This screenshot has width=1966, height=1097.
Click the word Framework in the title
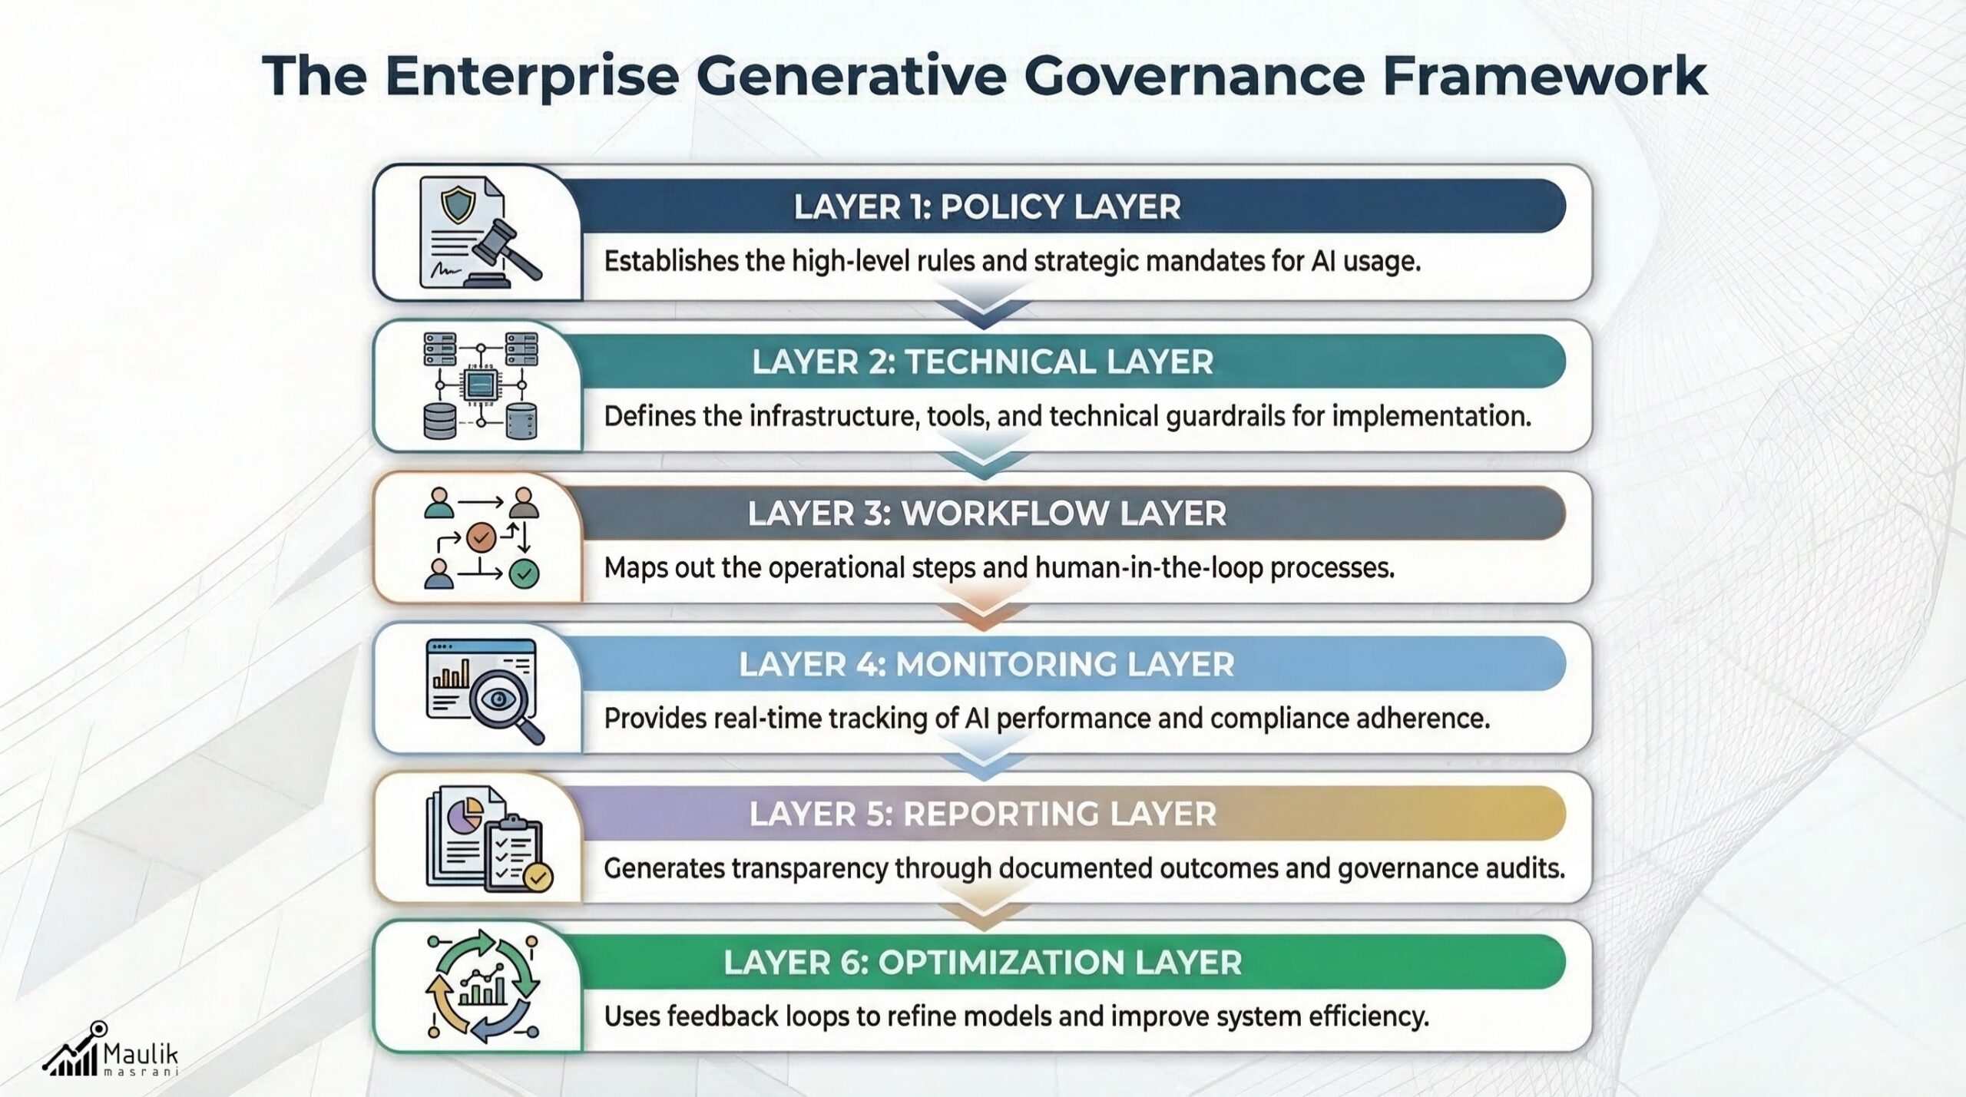(1544, 77)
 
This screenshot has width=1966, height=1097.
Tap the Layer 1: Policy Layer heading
(987, 207)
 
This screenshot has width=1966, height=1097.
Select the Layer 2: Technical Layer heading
(982, 362)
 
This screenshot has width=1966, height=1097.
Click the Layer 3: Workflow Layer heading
(987, 514)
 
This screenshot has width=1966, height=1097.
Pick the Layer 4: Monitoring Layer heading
(986, 664)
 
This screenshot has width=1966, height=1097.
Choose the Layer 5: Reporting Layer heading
(982, 814)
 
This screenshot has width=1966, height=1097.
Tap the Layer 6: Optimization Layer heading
(982, 963)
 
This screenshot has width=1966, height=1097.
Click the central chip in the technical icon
(481, 385)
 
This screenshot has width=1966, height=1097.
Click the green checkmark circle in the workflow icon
(525, 573)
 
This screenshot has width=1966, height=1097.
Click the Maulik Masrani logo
(111, 1051)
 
